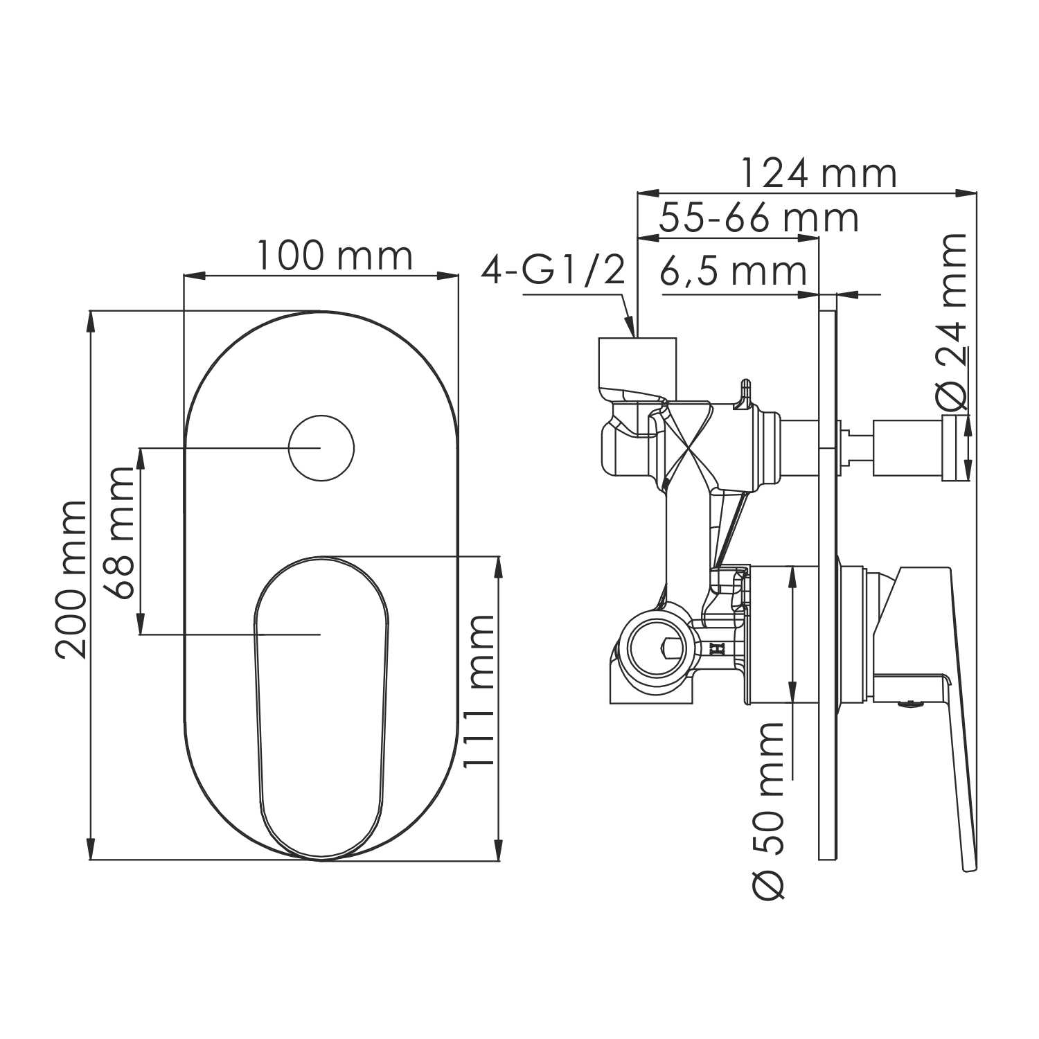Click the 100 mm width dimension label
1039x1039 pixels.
[335, 256]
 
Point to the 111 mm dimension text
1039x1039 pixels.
[479, 691]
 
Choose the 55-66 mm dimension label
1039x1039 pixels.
[758, 218]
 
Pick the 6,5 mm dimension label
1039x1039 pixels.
[733, 272]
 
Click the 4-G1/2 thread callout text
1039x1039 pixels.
[553, 271]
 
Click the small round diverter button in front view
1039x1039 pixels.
[321, 448]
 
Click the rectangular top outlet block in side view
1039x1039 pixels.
[637, 364]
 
